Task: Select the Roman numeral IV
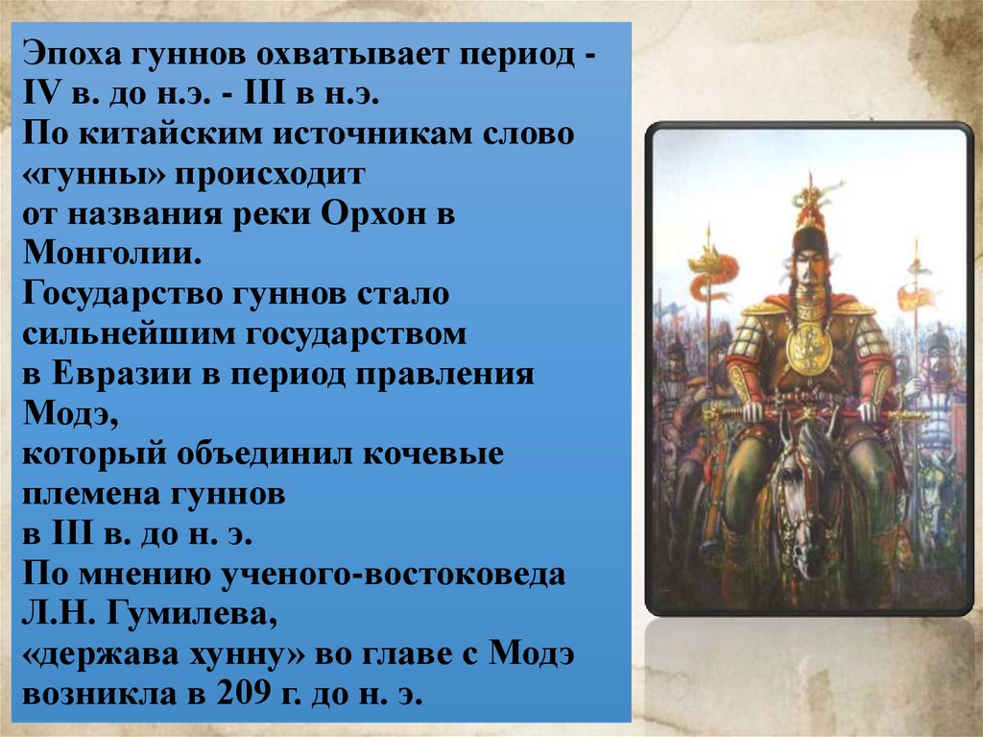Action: pyautogui.click(x=38, y=97)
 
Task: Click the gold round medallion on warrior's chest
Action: pyautogui.click(x=807, y=347)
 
